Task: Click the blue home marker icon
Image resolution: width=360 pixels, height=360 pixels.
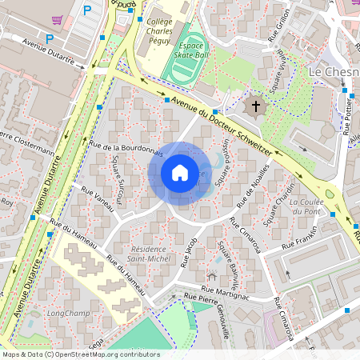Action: [180, 173]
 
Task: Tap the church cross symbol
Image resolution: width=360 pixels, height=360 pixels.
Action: [256, 106]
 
